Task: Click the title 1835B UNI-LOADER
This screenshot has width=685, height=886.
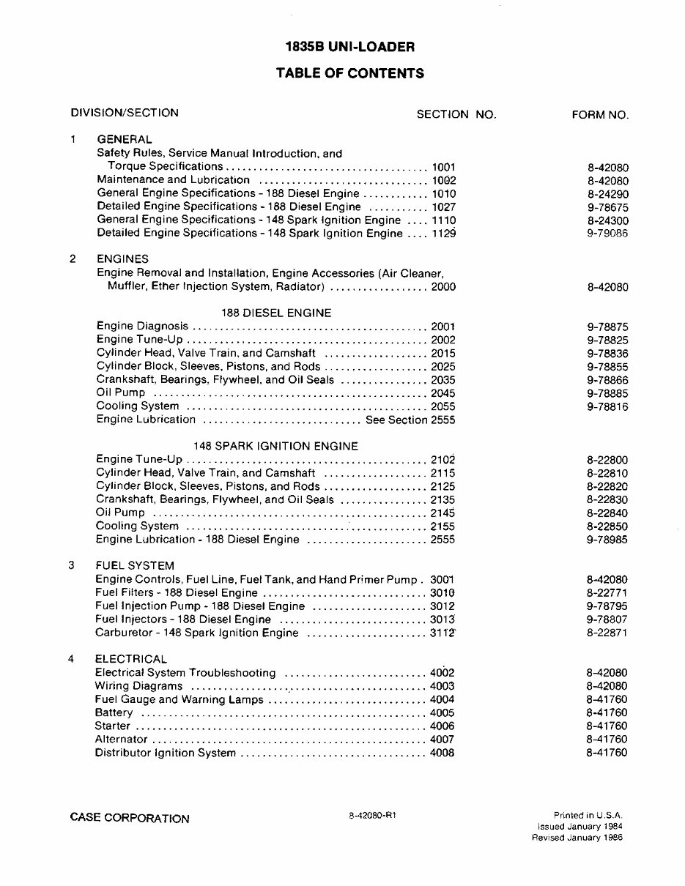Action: coord(349,48)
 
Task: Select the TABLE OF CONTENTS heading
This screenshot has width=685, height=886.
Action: coord(349,73)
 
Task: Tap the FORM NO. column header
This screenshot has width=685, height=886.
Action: coord(599,114)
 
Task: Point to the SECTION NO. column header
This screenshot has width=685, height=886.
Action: coord(456,114)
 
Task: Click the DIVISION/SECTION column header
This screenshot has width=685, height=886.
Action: coord(125,113)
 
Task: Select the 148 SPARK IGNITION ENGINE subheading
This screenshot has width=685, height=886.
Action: coord(275,445)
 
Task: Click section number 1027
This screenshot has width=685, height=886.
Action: coord(443,206)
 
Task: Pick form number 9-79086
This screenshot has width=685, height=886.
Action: coord(607,234)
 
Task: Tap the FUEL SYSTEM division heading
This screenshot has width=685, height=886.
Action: coord(136,565)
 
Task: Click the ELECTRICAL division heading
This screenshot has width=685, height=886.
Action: coord(131,659)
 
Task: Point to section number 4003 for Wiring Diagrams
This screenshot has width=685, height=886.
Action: coord(442,686)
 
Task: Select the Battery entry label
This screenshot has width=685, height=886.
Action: coord(114,712)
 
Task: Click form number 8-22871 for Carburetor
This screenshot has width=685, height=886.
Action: coord(607,633)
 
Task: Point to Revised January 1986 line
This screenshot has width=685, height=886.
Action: coord(577,838)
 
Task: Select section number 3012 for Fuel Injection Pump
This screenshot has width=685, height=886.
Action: coord(443,606)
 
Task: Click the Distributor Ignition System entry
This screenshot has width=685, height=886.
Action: coord(166,753)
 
